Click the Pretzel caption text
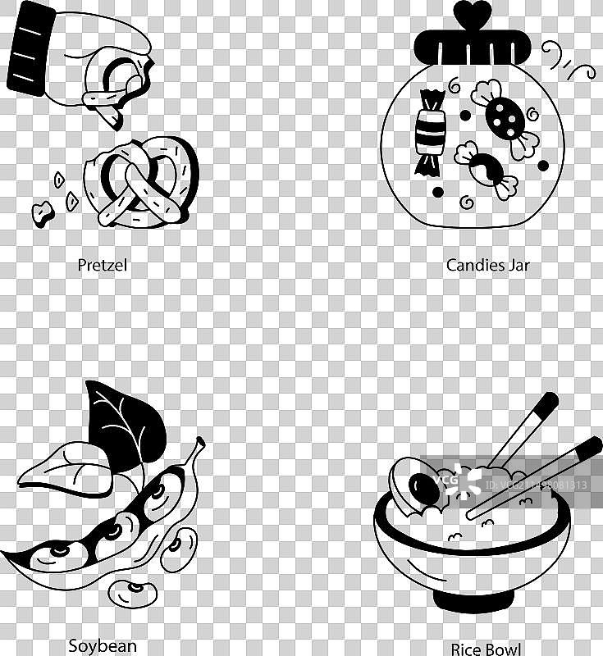[x=103, y=265]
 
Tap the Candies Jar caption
[x=487, y=265]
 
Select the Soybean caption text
[x=103, y=645]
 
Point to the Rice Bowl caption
[x=486, y=649]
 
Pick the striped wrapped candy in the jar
[x=429, y=131]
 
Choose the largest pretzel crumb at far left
[x=41, y=213]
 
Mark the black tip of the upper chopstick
[x=545, y=404]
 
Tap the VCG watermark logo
[x=448, y=484]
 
